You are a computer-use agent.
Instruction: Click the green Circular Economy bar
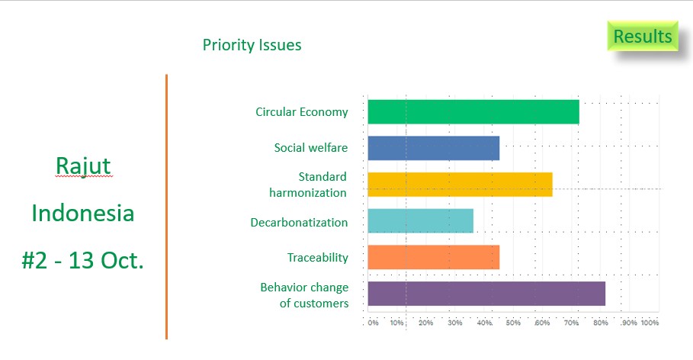pyautogui.click(x=473, y=112)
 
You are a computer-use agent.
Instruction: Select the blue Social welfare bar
pyautogui.click(x=433, y=148)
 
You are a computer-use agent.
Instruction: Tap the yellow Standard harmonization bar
pyautogui.click(x=460, y=185)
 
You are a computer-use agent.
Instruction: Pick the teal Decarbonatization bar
pyautogui.click(x=420, y=221)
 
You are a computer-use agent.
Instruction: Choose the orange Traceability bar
pyautogui.click(x=433, y=257)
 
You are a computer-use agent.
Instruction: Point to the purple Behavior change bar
pyautogui.click(x=486, y=294)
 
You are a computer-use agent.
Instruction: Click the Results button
pyautogui.click(x=642, y=37)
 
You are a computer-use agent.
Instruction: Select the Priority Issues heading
pyautogui.click(x=252, y=45)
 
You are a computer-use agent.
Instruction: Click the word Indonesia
pyautogui.click(x=83, y=213)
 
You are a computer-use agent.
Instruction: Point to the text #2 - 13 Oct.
pyautogui.click(x=83, y=260)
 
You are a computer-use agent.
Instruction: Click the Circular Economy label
pyautogui.click(x=301, y=112)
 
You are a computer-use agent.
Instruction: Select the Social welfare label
pyautogui.click(x=310, y=148)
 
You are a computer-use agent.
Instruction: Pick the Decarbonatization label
pyautogui.click(x=299, y=223)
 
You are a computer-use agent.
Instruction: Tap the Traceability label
pyautogui.click(x=317, y=258)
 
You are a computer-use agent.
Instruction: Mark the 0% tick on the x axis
pyautogui.click(x=373, y=323)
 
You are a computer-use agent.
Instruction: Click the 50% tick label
pyautogui.click(x=512, y=323)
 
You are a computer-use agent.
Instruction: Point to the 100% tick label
pyautogui.click(x=649, y=323)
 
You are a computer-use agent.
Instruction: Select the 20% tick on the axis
pyautogui.click(x=425, y=323)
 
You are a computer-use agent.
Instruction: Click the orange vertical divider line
pyautogui.click(x=166, y=206)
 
